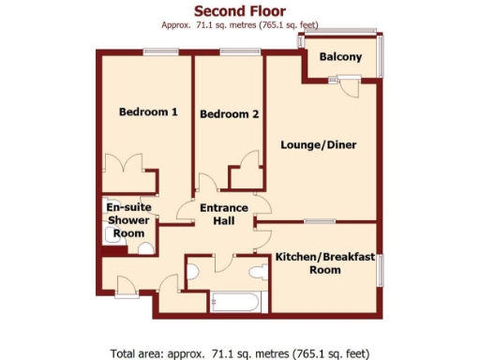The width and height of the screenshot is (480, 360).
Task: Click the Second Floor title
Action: tap(240, 10)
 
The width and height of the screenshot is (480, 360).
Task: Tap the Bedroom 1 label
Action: tap(148, 112)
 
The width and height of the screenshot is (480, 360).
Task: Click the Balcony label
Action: tap(340, 58)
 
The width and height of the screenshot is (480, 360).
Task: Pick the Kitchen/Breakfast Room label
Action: tap(325, 262)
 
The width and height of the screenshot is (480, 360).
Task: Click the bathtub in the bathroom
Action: tap(239, 302)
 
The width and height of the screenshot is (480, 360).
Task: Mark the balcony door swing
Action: tap(347, 87)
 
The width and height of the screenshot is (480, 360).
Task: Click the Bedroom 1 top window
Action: tap(157, 52)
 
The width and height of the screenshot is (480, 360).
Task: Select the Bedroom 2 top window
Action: tap(233, 52)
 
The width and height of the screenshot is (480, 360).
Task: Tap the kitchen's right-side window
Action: tap(380, 268)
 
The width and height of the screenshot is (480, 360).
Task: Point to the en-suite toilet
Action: tap(144, 248)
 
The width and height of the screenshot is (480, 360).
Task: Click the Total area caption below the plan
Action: tap(240, 353)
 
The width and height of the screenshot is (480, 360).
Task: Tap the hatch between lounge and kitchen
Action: tap(320, 221)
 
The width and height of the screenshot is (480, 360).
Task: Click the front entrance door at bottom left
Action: tap(122, 283)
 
